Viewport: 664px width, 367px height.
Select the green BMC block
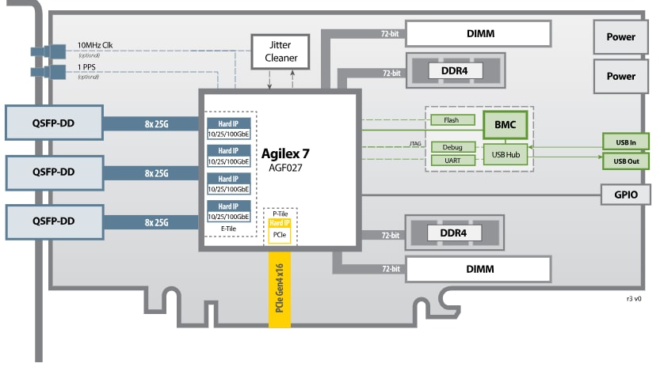pos(505,124)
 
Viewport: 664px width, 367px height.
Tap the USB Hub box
pos(506,153)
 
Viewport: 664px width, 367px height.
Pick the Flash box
pos(452,120)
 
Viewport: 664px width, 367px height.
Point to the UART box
pos(452,161)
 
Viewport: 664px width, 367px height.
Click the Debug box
pos(452,147)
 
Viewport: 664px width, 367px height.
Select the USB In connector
pos(626,142)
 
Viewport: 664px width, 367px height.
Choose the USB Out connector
pos(626,161)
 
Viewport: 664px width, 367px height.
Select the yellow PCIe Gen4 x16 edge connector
pos(281,293)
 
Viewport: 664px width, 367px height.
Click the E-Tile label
pos(228,229)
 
